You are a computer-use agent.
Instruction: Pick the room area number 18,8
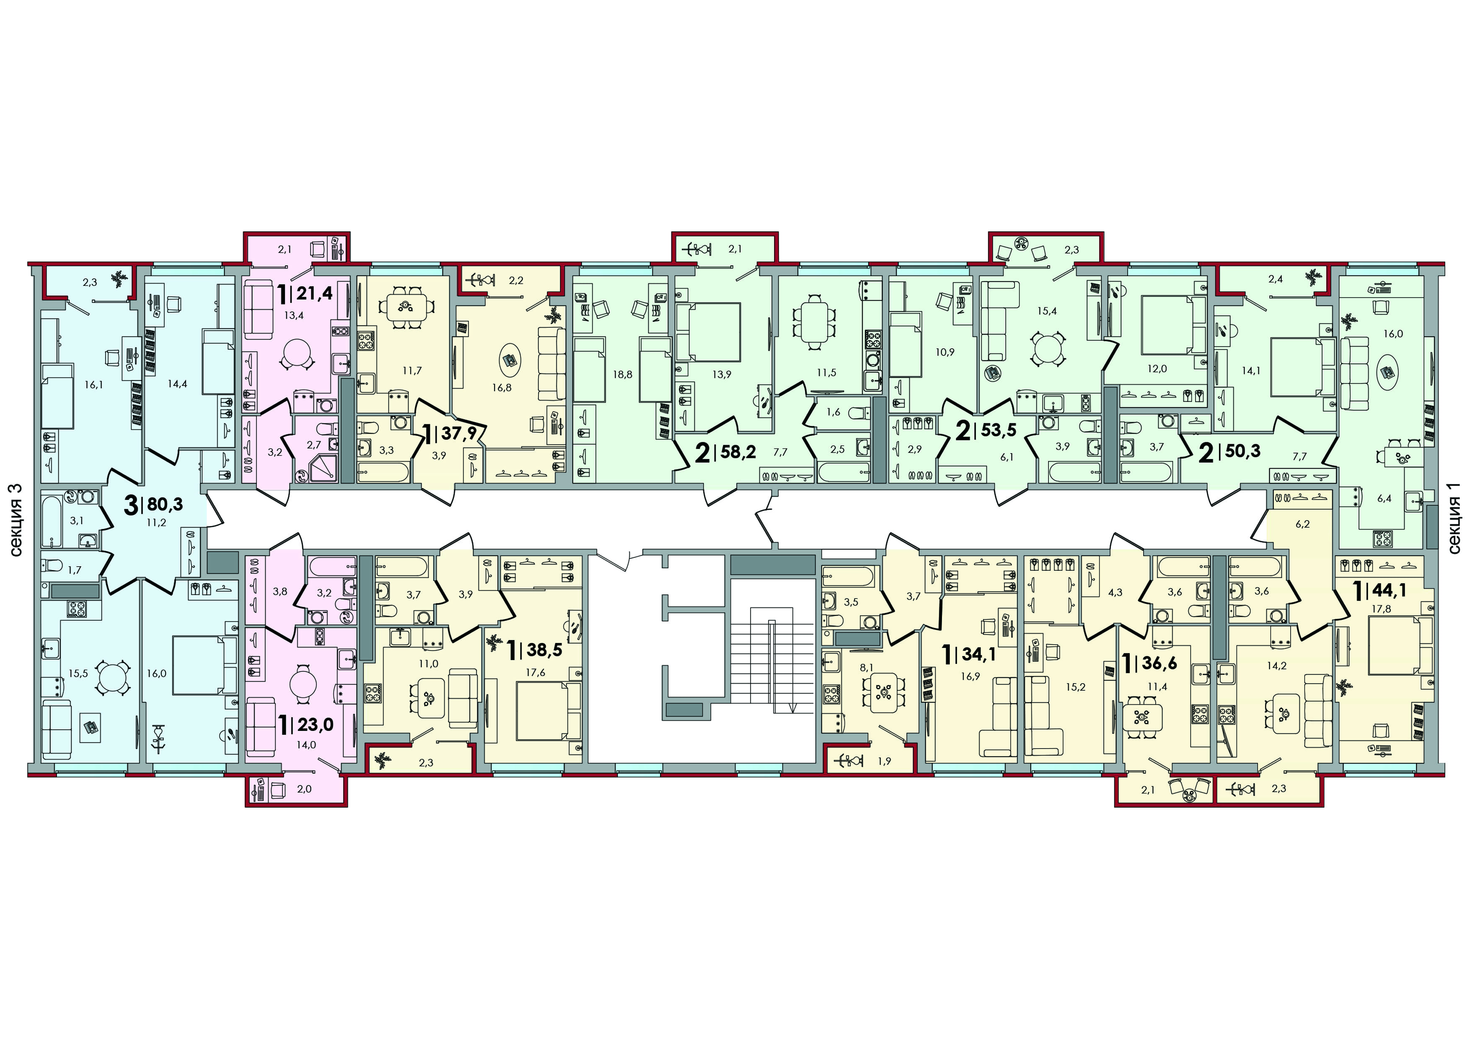(x=622, y=374)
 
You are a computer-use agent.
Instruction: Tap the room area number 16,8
(x=502, y=387)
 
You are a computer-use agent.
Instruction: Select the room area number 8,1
(x=866, y=667)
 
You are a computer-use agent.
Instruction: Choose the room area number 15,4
(x=1047, y=311)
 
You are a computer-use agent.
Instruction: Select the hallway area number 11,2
(x=156, y=522)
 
